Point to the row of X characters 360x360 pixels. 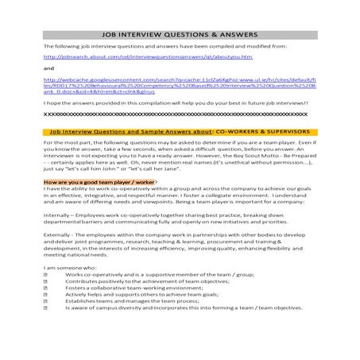click(179, 114)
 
